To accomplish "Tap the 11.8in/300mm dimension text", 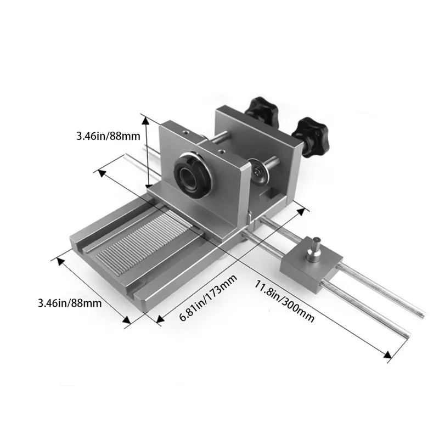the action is pyautogui.click(x=284, y=301).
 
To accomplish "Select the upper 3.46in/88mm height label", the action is pyautogui.click(x=108, y=136).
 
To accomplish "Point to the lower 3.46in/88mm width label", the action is pyautogui.click(x=70, y=303).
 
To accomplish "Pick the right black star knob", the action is pyautogui.click(x=311, y=134).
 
